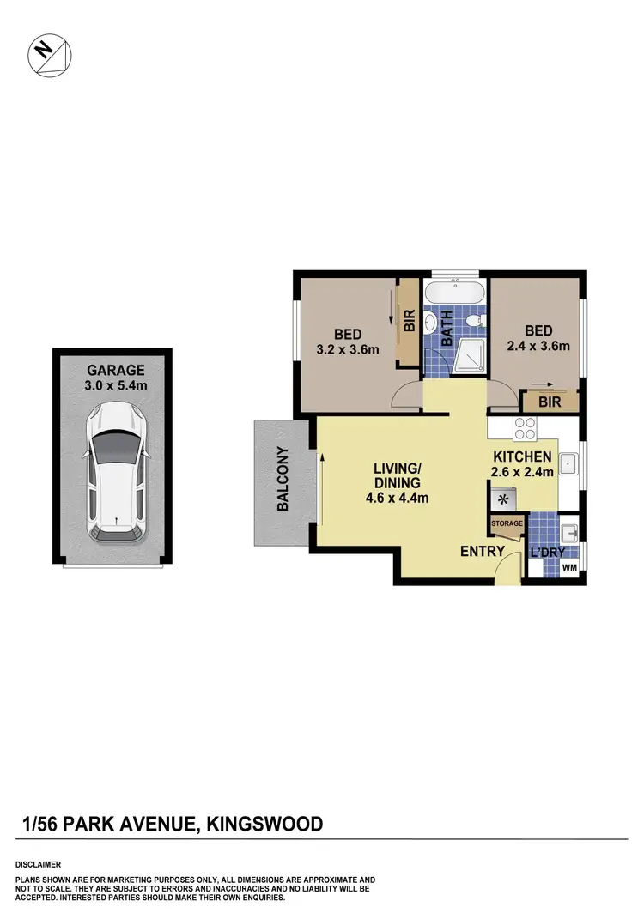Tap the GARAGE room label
pyautogui.click(x=115, y=370)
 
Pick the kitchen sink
pyautogui.click(x=568, y=464)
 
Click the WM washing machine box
pyautogui.click(x=569, y=569)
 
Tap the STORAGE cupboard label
pyautogui.click(x=507, y=523)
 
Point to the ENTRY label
pyautogui.click(x=482, y=551)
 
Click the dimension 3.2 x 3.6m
pyautogui.click(x=348, y=350)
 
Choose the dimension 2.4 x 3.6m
pyautogui.click(x=538, y=347)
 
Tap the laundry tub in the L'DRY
pyautogui.click(x=568, y=529)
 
